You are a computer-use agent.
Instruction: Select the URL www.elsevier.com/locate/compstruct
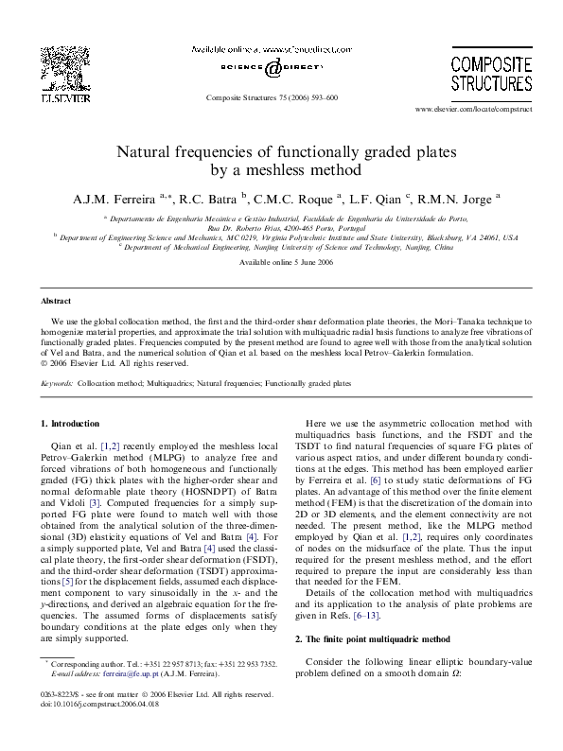481,111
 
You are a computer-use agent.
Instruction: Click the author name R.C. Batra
211,198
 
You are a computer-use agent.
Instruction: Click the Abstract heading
56,301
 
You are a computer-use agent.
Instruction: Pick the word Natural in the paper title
147,151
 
